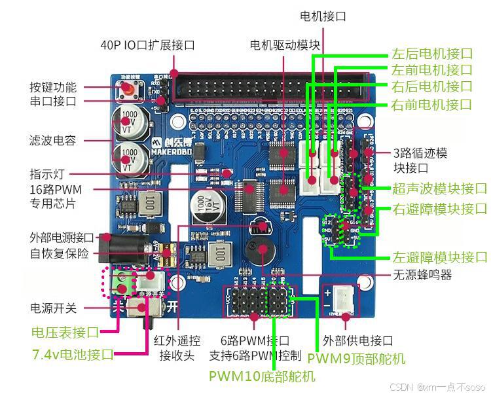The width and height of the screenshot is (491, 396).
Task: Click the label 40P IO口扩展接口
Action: coord(147,45)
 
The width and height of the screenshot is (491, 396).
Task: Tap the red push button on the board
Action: coord(125,90)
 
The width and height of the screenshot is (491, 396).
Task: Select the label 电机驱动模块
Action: coord(285,45)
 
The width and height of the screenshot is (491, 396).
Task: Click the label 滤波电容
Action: coord(53,140)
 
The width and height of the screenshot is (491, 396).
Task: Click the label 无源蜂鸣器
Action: coord(423,274)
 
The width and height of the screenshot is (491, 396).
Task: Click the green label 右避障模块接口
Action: coord(439,209)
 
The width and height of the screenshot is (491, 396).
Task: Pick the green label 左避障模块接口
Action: coord(439,257)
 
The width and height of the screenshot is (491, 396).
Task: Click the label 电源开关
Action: coord(53,308)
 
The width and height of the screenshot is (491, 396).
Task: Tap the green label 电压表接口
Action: coord(65,333)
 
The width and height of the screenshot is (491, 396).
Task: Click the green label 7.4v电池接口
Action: coord(72,354)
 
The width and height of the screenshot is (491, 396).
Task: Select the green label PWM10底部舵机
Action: coord(262,376)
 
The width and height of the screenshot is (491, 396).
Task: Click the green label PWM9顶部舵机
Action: coord(356,358)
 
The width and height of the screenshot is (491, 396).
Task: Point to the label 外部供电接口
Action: coord(358,340)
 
